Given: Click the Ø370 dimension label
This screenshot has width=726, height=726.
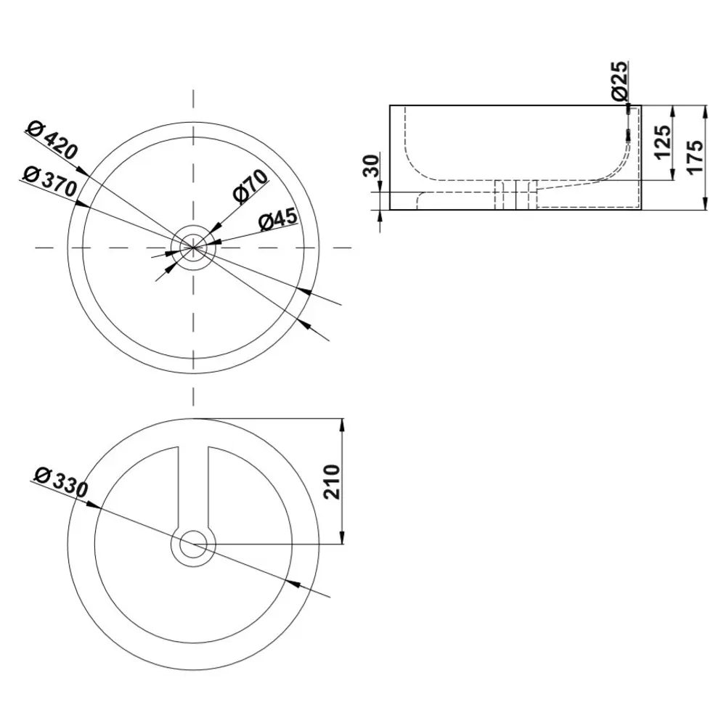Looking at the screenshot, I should click(49, 180).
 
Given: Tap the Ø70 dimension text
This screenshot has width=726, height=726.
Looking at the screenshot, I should click(250, 188).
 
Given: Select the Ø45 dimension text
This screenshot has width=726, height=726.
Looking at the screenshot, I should click(275, 219).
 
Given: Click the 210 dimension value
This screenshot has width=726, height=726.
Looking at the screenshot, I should click(331, 481).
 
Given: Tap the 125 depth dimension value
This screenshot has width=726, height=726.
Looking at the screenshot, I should click(661, 142).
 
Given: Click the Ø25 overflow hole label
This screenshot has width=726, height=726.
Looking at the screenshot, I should click(619, 81).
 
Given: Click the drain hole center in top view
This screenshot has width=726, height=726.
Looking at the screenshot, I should click(192, 247).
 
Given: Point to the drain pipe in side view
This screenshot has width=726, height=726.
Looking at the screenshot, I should click(515, 195).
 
